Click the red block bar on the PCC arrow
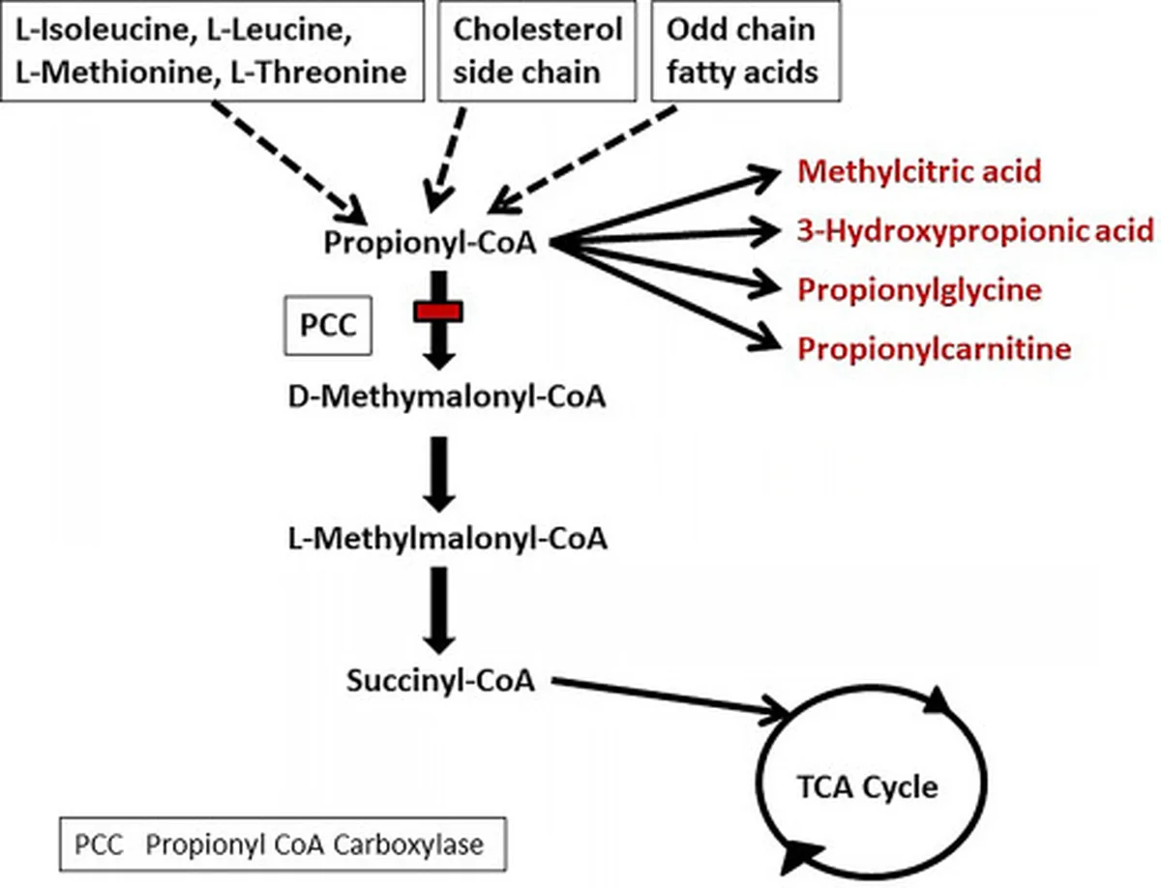[438, 311]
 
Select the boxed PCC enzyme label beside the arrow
[328, 325]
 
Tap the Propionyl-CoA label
[430, 243]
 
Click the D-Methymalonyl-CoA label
[447, 397]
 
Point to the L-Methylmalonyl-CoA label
[448, 539]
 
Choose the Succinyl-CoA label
[440, 681]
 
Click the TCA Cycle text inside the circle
[868, 787]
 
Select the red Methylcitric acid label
[919, 171]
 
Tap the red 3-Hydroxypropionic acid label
[975, 230]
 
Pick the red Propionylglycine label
[920, 290]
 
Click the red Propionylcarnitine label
[935, 349]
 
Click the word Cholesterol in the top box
[538, 29]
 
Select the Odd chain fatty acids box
[746, 50]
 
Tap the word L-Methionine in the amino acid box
[117, 73]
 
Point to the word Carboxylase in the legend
[408, 844]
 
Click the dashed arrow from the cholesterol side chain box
[446, 160]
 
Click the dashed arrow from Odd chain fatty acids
[581, 160]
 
